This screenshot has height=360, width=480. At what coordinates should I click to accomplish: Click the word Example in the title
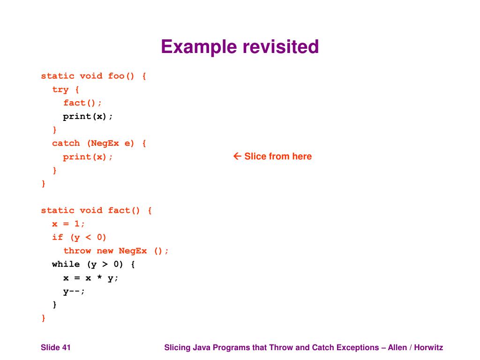[x=199, y=47]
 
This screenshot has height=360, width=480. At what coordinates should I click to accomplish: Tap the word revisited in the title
[x=280, y=47]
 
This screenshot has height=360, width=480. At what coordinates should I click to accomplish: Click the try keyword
[x=60, y=90]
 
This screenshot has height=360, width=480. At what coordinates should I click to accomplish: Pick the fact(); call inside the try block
[x=82, y=103]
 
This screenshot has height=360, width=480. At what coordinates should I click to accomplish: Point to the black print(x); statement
[x=88, y=116]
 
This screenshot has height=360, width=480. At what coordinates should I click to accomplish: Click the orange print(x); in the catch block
[x=88, y=157]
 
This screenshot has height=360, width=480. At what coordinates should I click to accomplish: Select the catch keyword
[x=66, y=143]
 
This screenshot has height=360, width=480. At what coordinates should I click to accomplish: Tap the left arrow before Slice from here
[x=237, y=157]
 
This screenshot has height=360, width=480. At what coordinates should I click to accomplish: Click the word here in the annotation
[x=302, y=157]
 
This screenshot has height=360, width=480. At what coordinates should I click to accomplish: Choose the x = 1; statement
[x=69, y=224]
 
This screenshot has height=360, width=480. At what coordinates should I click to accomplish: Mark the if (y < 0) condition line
[x=80, y=237]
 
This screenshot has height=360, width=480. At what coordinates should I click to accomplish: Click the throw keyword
[x=77, y=251]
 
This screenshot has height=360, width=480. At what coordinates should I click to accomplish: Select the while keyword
[x=66, y=264]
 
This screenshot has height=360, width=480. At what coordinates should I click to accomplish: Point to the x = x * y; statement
[x=91, y=278]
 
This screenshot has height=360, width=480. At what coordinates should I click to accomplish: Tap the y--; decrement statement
[x=74, y=291]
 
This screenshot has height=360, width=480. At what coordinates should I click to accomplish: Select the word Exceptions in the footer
[x=345, y=347]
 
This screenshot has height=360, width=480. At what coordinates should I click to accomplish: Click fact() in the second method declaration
[x=124, y=210]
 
